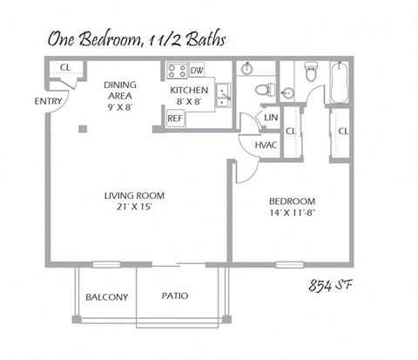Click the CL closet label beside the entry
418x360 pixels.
[64, 68]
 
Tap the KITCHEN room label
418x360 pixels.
[189, 90]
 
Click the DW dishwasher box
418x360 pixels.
[197, 70]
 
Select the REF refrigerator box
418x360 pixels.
[174, 118]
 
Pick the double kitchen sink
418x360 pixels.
[223, 90]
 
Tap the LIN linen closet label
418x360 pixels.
[270, 118]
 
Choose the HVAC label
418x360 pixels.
[266, 145]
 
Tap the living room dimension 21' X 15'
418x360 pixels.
[134, 208]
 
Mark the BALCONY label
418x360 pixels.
[106, 297]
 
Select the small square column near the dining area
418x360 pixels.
[81, 129]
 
